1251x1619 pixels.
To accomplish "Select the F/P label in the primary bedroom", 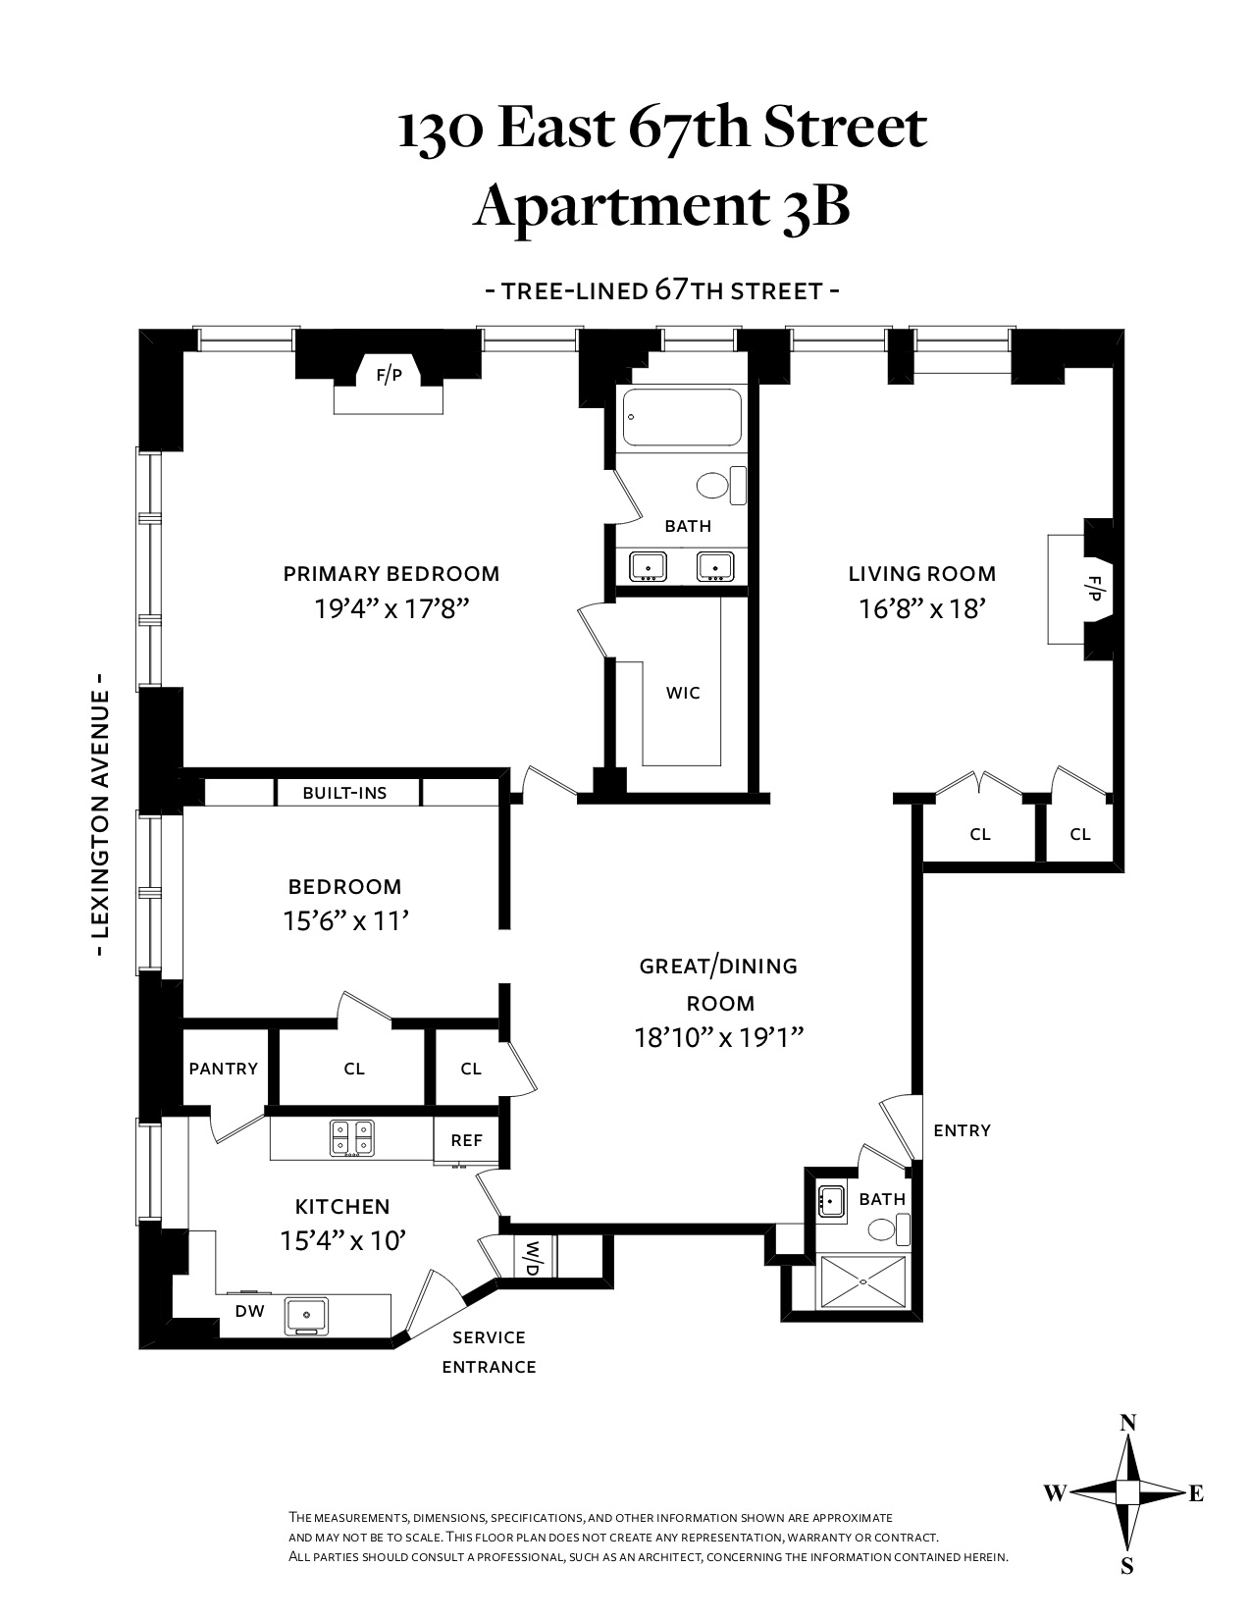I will point(390,375).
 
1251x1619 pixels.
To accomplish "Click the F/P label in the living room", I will point(1094,588).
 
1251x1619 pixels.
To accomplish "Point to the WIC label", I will point(683,693).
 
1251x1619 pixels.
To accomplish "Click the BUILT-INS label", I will point(344,793).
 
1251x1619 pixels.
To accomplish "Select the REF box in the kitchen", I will point(467,1140).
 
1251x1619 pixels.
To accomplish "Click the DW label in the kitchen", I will point(246,1311).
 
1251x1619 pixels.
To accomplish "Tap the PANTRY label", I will point(223,1069).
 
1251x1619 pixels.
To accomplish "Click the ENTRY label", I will point(962,1130).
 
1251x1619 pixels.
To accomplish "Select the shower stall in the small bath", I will point(864,1280).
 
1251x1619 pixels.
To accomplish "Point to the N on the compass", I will point(1128,1423).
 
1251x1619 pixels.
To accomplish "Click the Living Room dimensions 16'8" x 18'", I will point(921,609).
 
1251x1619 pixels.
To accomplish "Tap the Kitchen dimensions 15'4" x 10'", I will point(342,1240).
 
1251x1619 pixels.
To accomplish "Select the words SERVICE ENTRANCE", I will point(489,1351).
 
